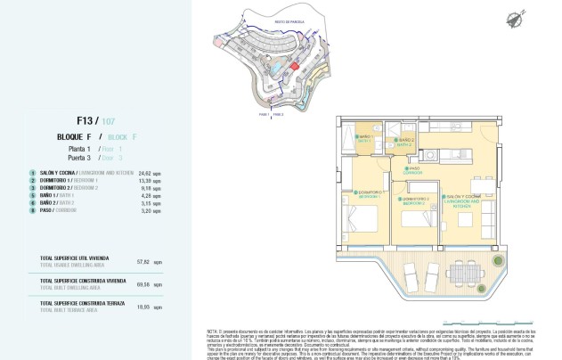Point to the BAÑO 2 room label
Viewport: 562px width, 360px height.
tap(406, 141)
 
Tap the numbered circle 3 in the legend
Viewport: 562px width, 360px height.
tap(32, 189)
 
